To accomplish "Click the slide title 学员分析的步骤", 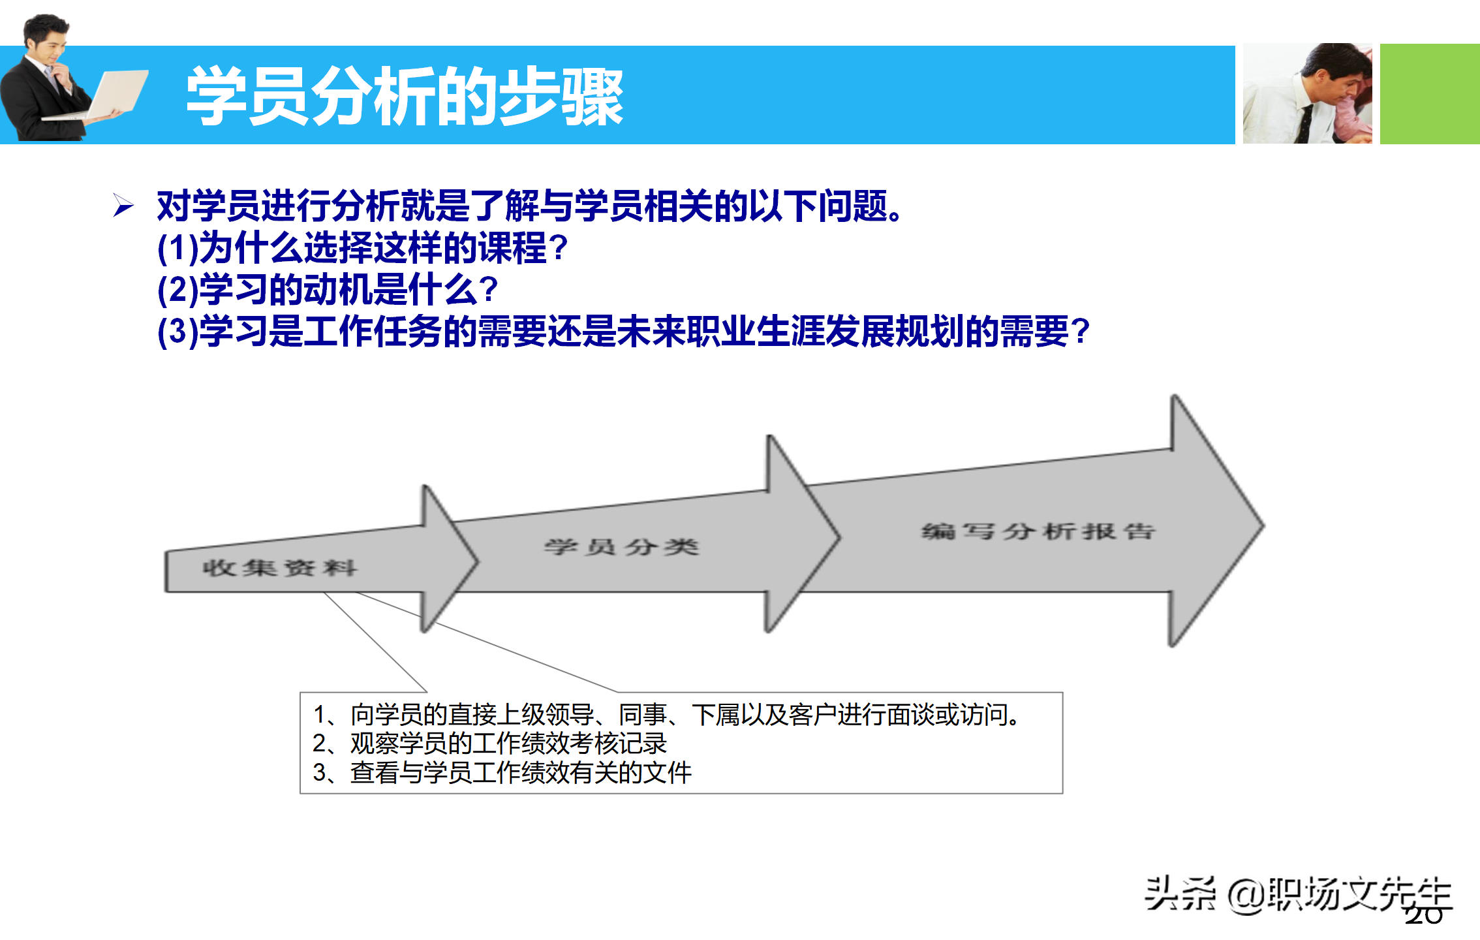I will (405, 97).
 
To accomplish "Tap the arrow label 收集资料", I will (279, 568).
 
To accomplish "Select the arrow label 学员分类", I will (621, 546).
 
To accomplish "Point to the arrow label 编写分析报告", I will (1038, 531).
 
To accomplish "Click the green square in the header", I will (1429, 93).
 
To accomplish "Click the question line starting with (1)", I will (363, 248).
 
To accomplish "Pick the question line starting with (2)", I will (328, 290).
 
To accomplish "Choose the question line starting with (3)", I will (623, 332).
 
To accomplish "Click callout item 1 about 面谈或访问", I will (666, 715).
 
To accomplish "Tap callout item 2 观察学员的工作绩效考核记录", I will (489, 744).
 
